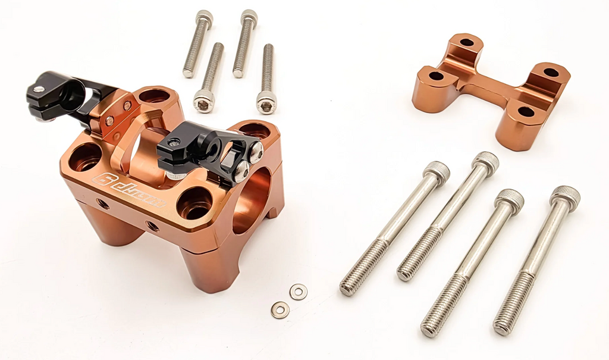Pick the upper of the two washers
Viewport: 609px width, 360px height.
pos(299,292)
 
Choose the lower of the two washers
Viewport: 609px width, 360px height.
pos(280,309)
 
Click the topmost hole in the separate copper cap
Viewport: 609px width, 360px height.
pos(467,42)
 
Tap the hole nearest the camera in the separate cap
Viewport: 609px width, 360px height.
pos(526,111)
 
